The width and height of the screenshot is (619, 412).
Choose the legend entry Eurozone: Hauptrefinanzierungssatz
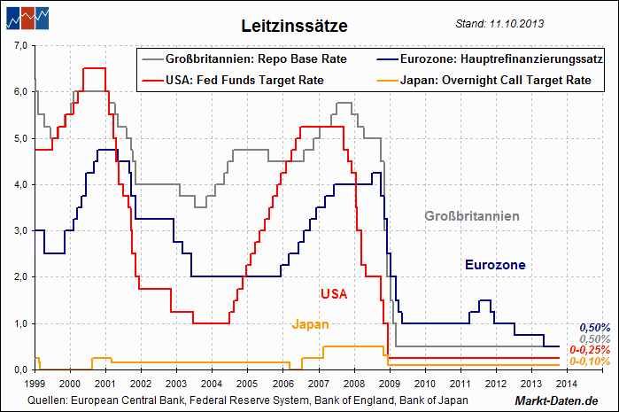501,59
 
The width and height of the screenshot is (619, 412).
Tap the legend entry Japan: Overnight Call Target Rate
502,81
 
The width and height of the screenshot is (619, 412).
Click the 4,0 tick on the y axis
21,184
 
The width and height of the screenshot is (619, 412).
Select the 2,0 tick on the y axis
21,277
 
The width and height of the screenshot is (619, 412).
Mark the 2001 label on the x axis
104,384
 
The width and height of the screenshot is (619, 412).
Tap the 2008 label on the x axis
353,384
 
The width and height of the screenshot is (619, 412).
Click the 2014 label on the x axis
566,384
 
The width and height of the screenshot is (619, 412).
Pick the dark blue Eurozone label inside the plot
495,265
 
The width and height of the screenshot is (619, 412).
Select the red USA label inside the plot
333,293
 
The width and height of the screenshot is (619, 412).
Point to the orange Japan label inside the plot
310,324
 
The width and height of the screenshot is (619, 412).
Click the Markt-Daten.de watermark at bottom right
565,402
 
